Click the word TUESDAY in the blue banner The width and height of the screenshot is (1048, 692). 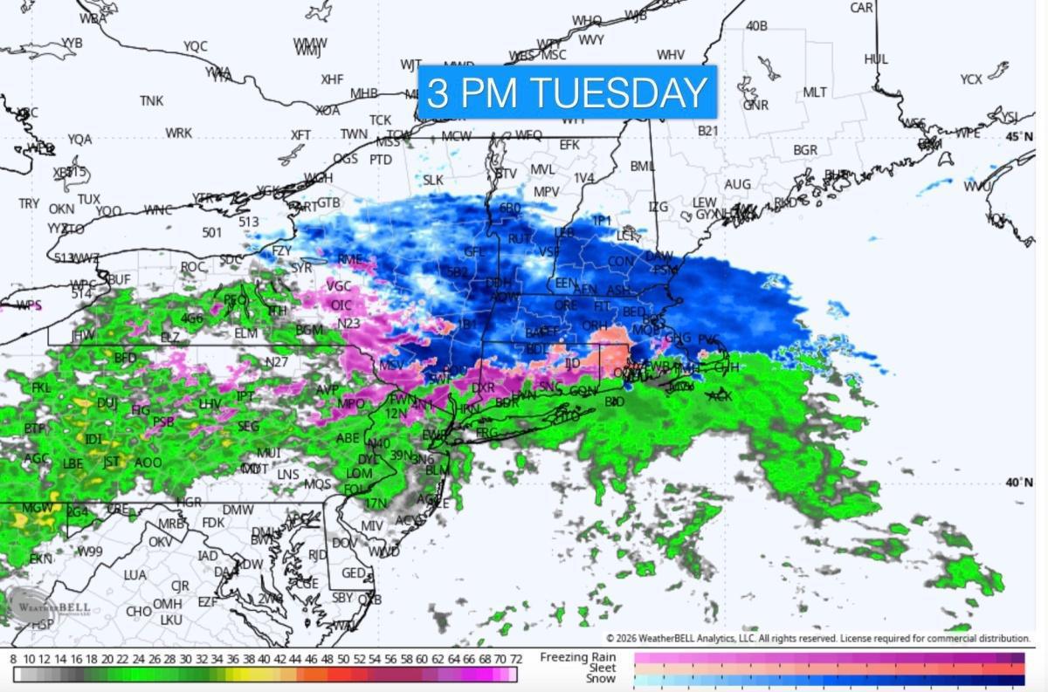pyautogui.click(x=620, y=92)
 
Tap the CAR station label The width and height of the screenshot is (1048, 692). pyautogui.click(x=862, y=8)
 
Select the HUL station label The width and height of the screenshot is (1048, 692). pyautogui.click(x=876, y=59)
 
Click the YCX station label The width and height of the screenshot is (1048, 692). pyautogui.click(x=971, y=79)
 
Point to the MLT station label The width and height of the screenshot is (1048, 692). pyautogui.click(x=814, y=92)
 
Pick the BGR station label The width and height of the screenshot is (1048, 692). pyautogui.click(x=805, y=150)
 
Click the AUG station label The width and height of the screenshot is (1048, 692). pyautogui.click(x=737, y=184)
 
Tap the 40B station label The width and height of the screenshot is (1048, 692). pyautogui.click(x=756, y=26)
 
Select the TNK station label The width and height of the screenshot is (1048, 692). pyautogui.click(x=151, y=101)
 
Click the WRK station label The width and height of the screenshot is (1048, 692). pyautogui.click(x=178, y=133)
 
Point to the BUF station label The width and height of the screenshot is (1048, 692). pyautogui.click(x=118, y=279)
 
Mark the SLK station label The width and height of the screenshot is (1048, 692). pyautogui.click(x=433, y=180)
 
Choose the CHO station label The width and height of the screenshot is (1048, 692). pyautogui.click(x=139, y=612)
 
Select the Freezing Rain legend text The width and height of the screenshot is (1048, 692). pyautogui.click(x=577, y=657)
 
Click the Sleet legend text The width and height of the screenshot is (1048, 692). pyautogui.click(x=601, y=668)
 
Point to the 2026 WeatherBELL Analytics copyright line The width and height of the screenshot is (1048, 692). pyautogui.click(x=818, y=639)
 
